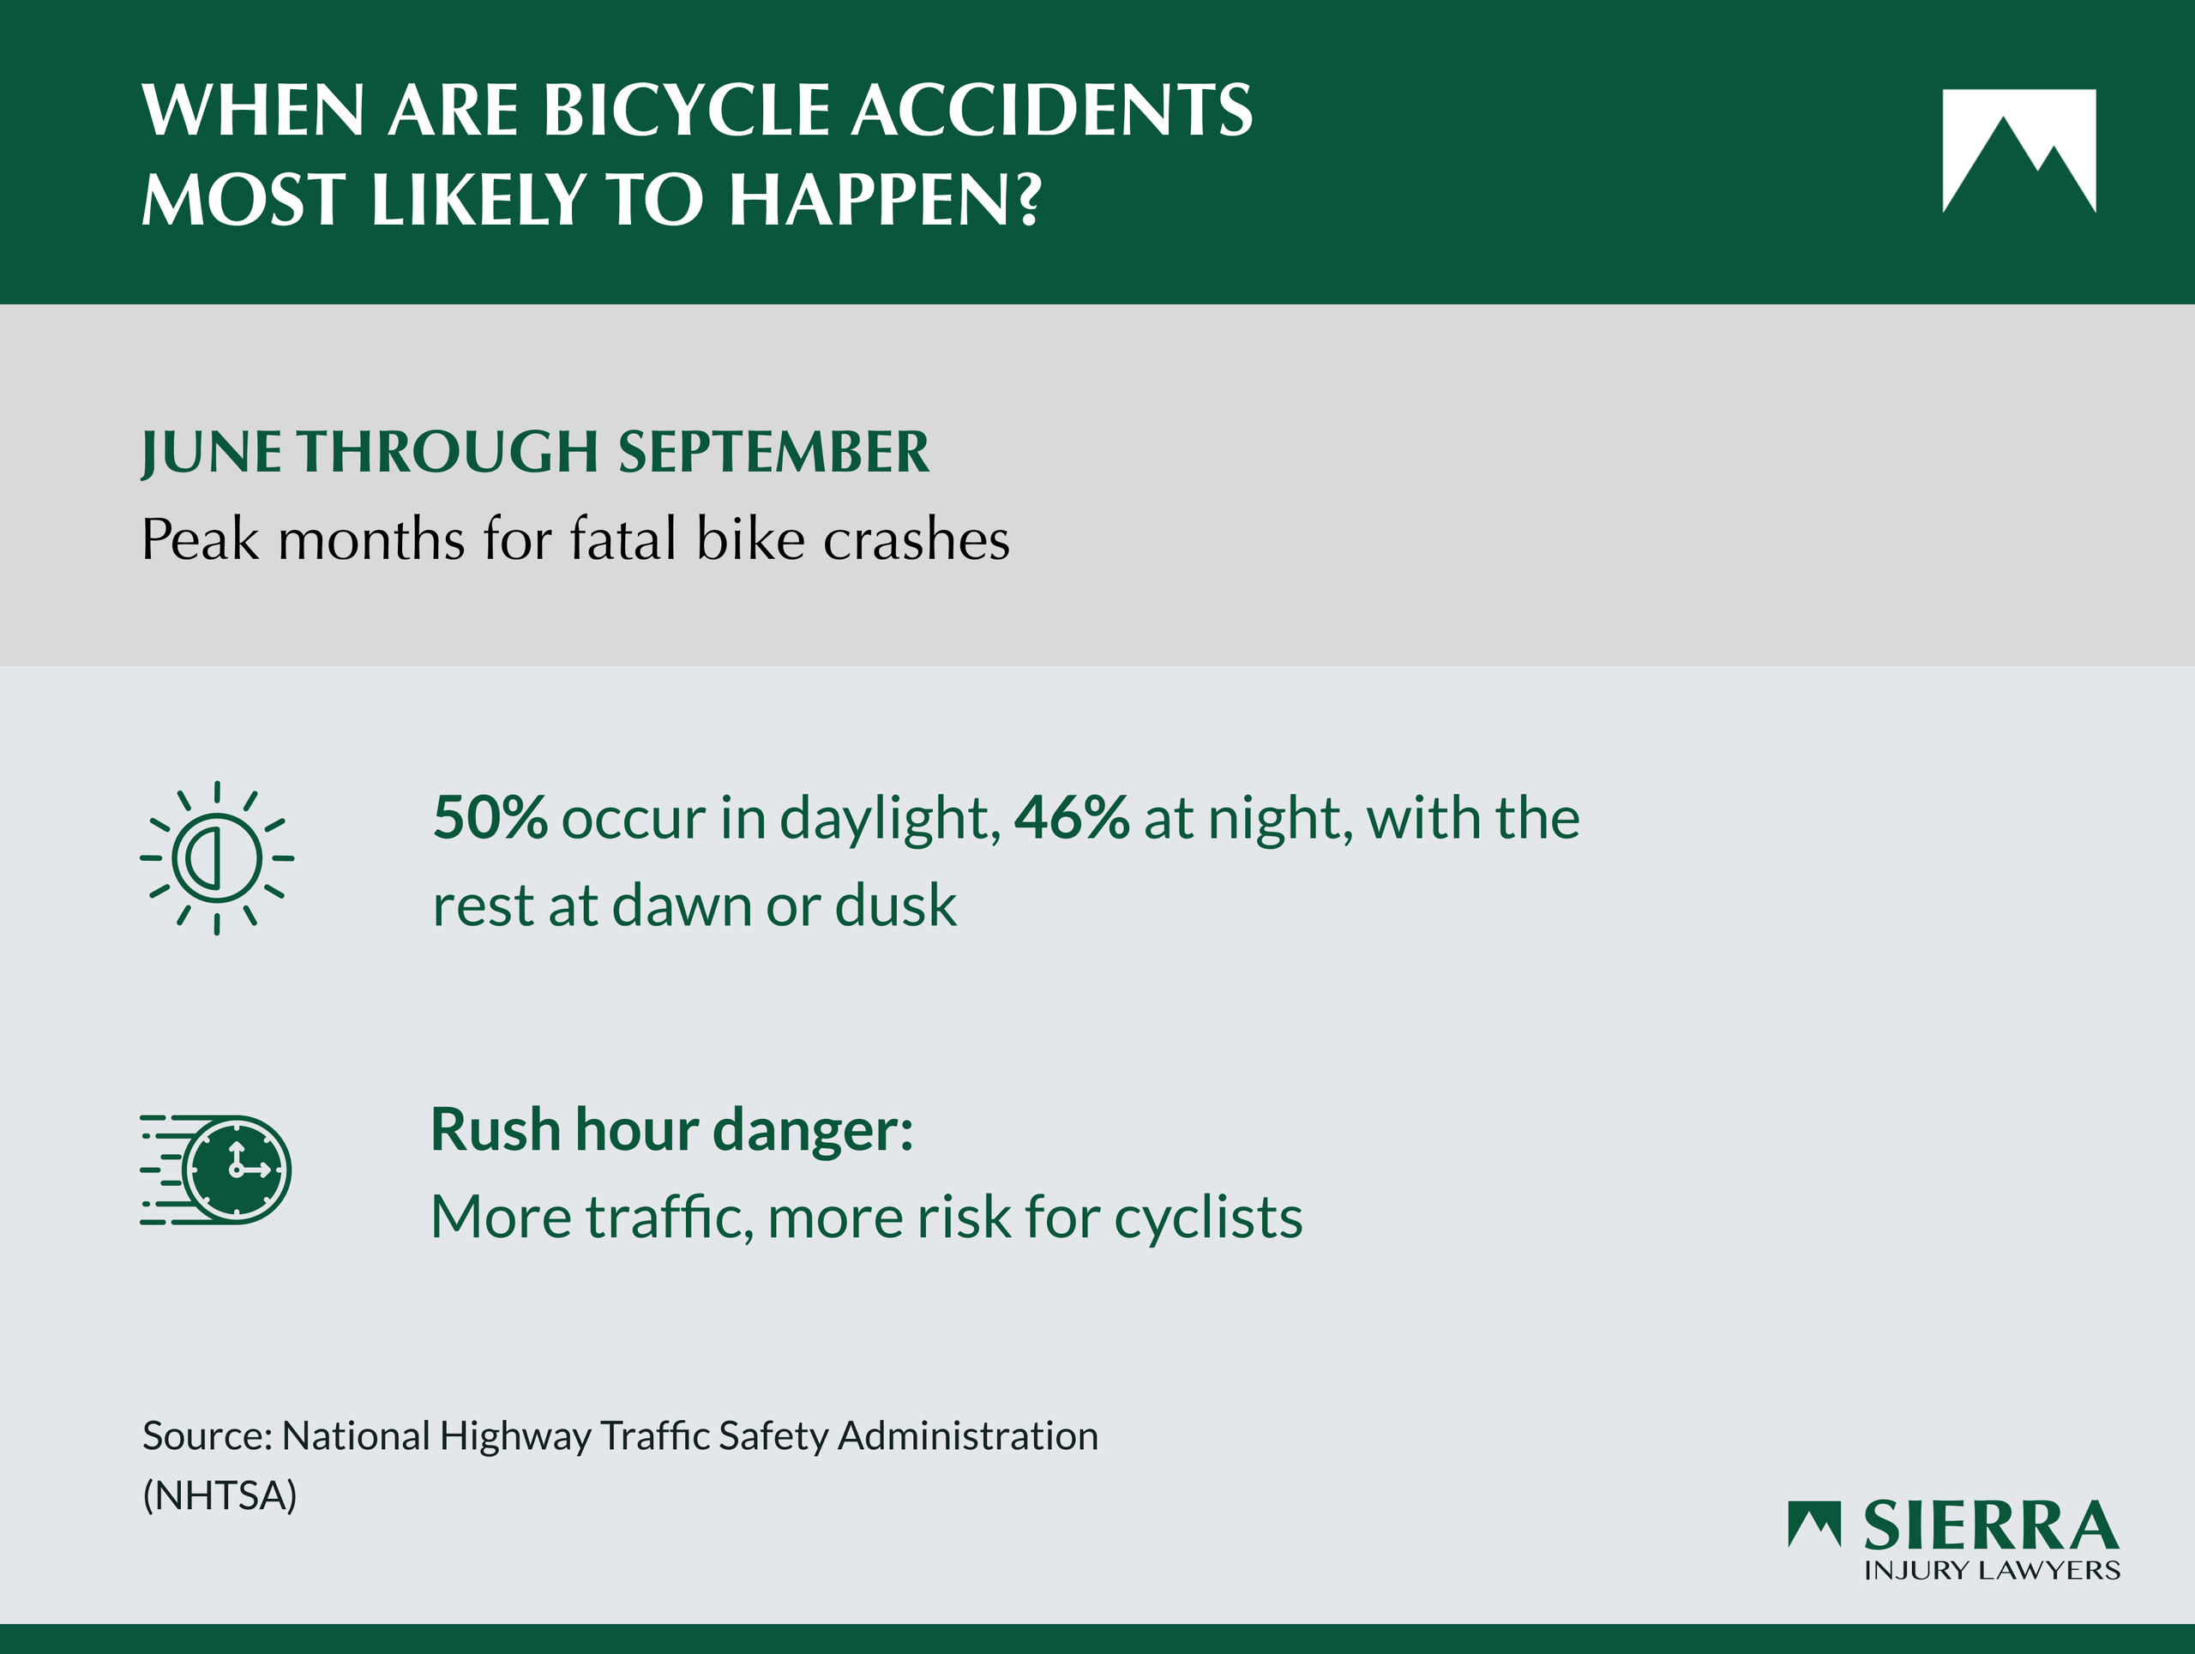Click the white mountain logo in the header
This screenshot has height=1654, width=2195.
click(x=2019, y=151)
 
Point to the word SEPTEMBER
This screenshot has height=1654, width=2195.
click(x=774, y=453)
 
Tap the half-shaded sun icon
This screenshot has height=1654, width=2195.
click(x=216, y=858)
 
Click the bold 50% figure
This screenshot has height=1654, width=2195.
click(x=490, y=819)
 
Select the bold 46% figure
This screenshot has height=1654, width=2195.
click(x=1072, y=819)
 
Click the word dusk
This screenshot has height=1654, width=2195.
click(x=896, y=905)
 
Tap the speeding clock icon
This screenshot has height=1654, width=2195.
click(x=215, y=1170)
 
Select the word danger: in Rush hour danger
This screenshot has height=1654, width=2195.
click(x=813, y=1131)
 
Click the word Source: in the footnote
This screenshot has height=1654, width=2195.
click(x=207, y=1435)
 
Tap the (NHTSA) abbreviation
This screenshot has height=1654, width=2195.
click(x=219, y=1495)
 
